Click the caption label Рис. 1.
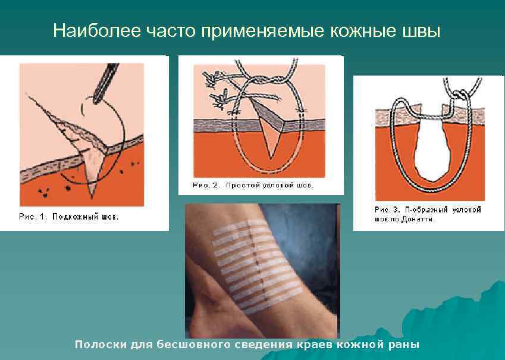[x=33, y=217]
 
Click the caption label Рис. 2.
[x=206, y=186]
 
